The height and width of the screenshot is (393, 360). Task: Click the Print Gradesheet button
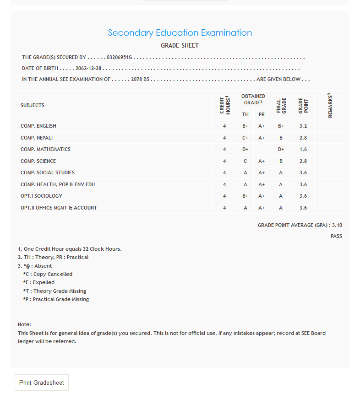(42, 382)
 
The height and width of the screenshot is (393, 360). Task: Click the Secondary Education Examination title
(180, 33)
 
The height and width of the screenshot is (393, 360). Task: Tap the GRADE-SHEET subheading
(180, 46)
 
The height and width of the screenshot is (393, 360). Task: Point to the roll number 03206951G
(119, 58)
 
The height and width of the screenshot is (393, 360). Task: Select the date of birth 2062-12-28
(88, 69)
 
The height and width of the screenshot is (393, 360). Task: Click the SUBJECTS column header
(33, 105)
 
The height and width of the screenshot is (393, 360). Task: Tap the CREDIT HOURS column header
(224, 105)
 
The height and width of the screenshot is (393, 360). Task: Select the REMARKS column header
(330, 105)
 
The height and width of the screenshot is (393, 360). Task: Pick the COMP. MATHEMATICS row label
(45, 149)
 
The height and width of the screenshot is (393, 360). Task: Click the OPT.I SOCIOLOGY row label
(42, 196)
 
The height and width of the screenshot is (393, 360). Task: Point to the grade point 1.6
(303, 150)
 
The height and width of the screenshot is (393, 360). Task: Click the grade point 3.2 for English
(303, 126)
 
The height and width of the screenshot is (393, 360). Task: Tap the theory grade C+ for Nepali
(245, 138)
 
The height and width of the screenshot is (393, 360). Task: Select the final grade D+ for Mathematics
(281, 150)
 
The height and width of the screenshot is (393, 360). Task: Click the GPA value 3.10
(337, 225)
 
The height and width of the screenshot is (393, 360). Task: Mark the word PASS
(336, 237)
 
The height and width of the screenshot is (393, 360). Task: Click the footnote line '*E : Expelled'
(38, 282)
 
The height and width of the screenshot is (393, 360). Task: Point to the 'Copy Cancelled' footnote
(53, 274)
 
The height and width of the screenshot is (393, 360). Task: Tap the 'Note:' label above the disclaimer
(24, 324)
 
